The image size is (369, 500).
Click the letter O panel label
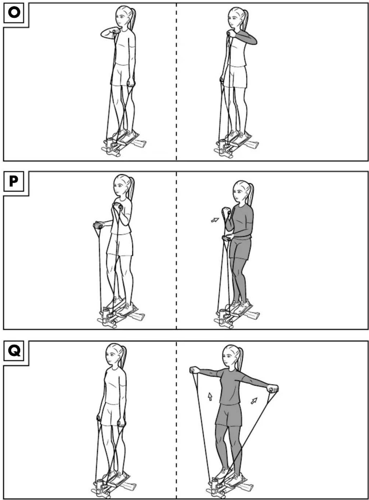tap(14, 12)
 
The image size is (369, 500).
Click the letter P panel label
tap(14, 181)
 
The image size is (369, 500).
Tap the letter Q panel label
tap(14, 351)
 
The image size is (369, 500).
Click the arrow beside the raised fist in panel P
tap(215, 220)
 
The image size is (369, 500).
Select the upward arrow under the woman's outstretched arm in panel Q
tap(210, 396)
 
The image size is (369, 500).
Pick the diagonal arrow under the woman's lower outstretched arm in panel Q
tap(254, 400)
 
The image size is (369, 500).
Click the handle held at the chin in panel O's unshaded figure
tap(116, 31)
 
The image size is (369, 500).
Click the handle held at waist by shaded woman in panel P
tap(227, 239)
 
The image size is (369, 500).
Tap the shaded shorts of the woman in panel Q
tap(229, 415)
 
